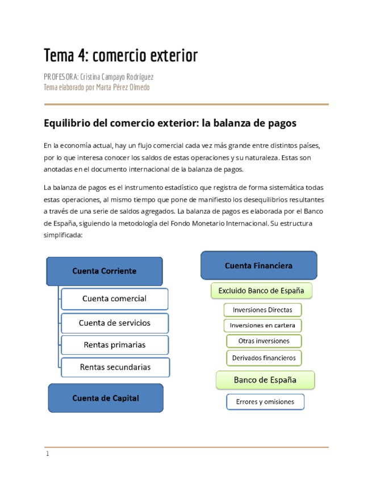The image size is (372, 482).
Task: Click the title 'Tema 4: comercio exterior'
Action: click(x=121, y=56)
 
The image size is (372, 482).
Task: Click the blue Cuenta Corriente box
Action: click(x=104, y=271)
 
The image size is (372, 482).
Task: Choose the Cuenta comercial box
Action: click(x=114, y=298)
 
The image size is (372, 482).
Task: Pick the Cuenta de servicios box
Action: click(x=114, y=322)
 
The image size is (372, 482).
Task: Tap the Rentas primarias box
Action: click(x=114, y=344)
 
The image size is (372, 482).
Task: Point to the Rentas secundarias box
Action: click(x=115, y=367)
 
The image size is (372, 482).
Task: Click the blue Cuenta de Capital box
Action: click(x=105, y=398)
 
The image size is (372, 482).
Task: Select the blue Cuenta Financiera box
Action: click(x=258, y=265)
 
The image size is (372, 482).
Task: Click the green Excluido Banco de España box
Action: click(x=261, y=291)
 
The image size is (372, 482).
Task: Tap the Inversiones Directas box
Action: click(x=262, y=310)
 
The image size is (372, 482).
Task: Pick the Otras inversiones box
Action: click(x=264, y=341)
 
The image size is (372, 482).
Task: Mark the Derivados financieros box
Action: click(x=264, y=358)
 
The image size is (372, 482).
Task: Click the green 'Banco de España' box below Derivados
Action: click(x=265, y=379)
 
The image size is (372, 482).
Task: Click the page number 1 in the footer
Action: click(x=48, y=454)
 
